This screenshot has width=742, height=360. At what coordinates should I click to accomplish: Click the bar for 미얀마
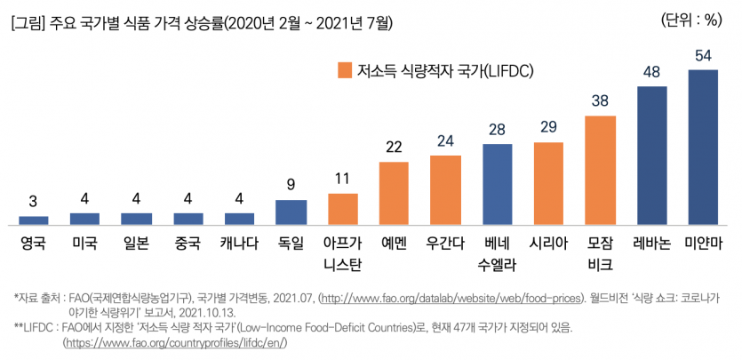pos(703,147)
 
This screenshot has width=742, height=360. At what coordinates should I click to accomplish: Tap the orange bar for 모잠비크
pos(600,170)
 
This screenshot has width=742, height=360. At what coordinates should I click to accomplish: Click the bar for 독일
pos(291,212)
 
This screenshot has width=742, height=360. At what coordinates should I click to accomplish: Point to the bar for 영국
pos(34,220)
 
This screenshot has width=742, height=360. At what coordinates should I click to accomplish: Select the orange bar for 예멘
pos(394,193)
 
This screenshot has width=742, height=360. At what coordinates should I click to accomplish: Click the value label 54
pos(703,55)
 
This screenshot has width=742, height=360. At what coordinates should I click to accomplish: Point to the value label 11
pos(342,179)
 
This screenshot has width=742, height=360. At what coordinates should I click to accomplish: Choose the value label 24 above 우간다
pos(445,140)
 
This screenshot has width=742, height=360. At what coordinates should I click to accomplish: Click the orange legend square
pos(343,70)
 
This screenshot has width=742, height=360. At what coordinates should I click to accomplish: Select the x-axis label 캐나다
pos(239,243)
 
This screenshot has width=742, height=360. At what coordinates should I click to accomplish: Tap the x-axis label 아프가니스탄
pos(342,252)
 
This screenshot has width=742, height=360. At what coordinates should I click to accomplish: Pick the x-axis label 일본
pos(136,243)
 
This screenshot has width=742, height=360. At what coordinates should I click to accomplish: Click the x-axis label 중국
pos(187,243)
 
